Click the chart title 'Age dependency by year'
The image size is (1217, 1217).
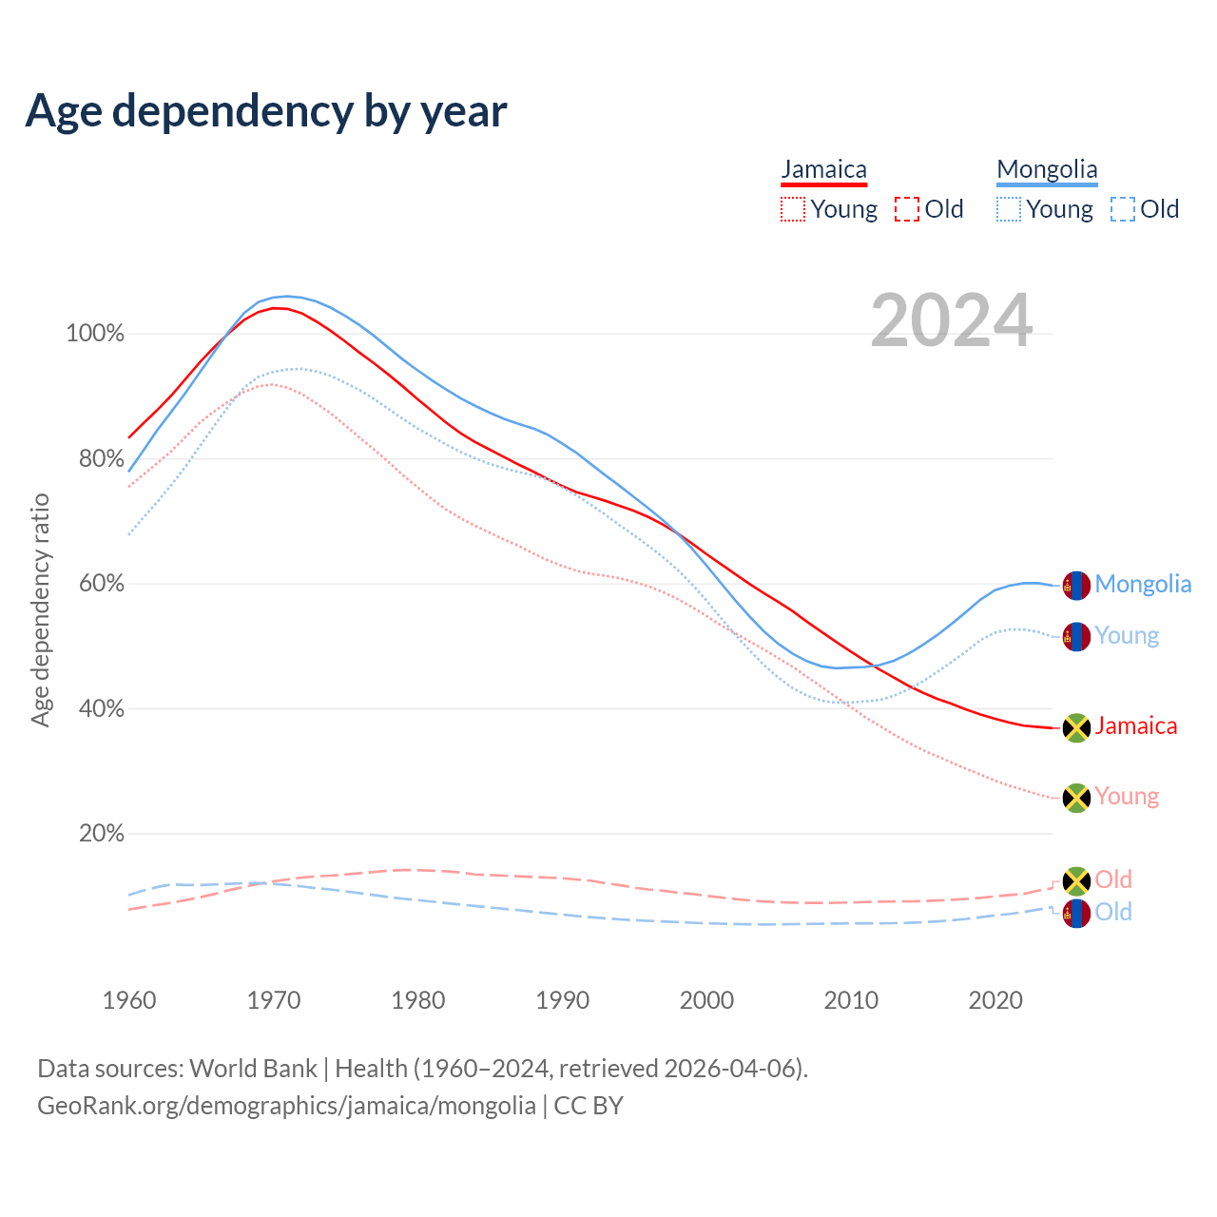pos(266,110)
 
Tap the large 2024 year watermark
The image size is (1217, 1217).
pos(951,321)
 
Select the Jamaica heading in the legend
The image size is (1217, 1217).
pos(823,169)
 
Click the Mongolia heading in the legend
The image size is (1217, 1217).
pos(1047,169)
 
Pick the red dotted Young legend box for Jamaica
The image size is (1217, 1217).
pos(792,209)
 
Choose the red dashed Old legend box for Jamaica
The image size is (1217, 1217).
pos(907,209)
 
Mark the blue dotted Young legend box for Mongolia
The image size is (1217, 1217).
pos(1009,209)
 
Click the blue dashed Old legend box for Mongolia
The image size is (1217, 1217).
pos(1123,209)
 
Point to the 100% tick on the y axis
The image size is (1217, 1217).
pos(95,334)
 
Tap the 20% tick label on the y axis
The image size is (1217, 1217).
pos(101,834)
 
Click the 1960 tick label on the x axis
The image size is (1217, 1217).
pos(129,1000)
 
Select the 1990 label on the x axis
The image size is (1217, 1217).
pos(563,1000)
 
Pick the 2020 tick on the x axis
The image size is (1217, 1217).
pos(995,1000)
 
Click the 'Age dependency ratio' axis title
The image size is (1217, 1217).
pos(40,609)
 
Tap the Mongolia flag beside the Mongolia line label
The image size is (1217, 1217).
pos(1075,586)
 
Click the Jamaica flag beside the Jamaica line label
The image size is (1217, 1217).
pos(1075,727)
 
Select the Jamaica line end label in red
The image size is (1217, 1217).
pos(1136,726)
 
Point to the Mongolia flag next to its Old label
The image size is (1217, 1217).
pos(1075,914)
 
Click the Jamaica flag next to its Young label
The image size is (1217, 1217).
pos(1075,798)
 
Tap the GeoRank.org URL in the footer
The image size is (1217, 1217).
pos(286,1106)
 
